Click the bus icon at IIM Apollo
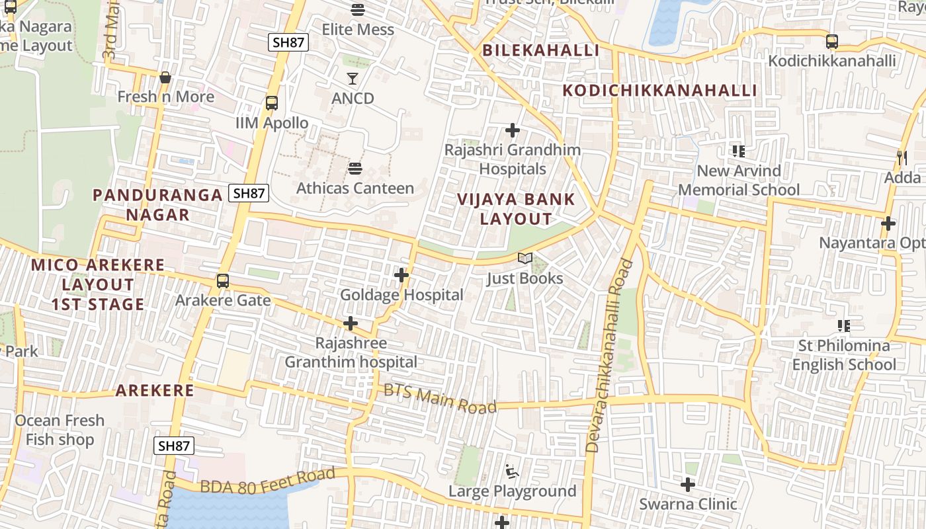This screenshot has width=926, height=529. [272, 103]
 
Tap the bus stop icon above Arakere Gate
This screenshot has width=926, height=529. [223, 280]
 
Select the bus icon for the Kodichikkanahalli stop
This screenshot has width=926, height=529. [832, 42]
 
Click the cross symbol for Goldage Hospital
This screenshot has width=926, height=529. [401, 274]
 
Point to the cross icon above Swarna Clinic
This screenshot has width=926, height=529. [688, 485]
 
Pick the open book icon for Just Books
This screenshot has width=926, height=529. [525, 259]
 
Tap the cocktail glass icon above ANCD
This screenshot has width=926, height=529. [353, 79]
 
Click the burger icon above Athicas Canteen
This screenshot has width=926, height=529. [355, 169]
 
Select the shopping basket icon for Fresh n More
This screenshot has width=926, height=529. [165, 77]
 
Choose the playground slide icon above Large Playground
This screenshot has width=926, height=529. [512, 471]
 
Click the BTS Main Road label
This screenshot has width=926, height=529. [440, 399]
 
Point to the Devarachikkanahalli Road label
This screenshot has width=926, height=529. [609, 356]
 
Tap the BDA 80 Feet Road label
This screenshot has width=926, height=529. [268, 481]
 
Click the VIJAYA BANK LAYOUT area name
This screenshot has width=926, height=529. [516, 209]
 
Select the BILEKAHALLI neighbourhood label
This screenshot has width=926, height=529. [540, 50]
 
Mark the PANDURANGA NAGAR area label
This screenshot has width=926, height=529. [157, 204]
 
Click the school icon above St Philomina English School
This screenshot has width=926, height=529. [844, 325]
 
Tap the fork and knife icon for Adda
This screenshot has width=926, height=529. [902, 157]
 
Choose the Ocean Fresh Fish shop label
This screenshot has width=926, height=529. [60, 430]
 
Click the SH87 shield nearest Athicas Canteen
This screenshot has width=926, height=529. [249, 193]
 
